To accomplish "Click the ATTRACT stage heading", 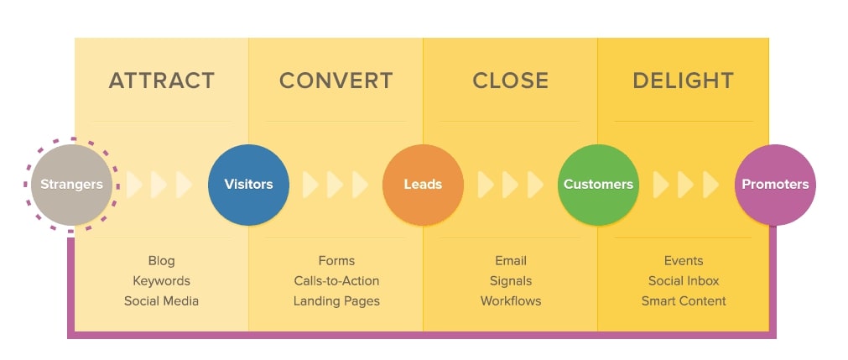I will click(x=161, y=81).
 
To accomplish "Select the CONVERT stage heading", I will click(x=336, y=81).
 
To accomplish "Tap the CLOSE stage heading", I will click(x=510, y=81).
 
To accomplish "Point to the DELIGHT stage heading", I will click(x=683, y=81).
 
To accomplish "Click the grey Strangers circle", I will click(x=71, y=185).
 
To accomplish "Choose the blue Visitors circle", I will click(x=248, y=185).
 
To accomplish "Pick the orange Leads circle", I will click(x=423, y=185).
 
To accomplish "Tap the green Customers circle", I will click(x=598, y=185).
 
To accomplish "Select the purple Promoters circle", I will click(x=775, y=185).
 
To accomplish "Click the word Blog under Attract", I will click(x=161, y=261).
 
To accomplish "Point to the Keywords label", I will click(x=161, y=281).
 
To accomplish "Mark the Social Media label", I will click(x=161, y=300).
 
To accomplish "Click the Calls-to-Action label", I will click(x=336, y=281).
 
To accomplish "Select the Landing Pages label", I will click(x=336, y=300).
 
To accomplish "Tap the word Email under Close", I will click(x=511, y=261).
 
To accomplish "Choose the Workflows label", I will click(x=511, y=300).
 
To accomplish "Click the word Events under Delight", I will click(x=684, y=261).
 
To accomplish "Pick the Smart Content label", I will click(x=684, y=300).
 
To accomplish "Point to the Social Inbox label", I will click(x=684, y=281).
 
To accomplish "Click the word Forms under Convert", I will click(x=336, y=261).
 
